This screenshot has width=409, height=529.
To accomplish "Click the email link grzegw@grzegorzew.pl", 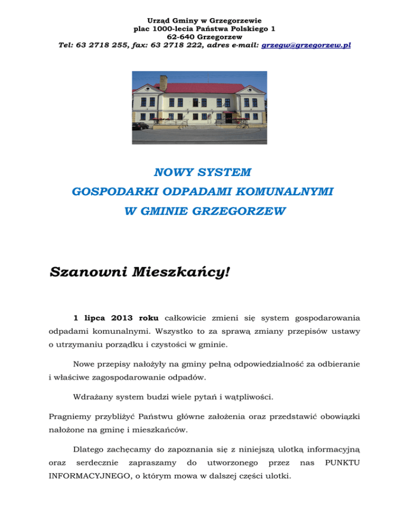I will pos(306,46).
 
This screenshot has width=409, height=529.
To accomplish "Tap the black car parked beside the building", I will pos(141,126).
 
